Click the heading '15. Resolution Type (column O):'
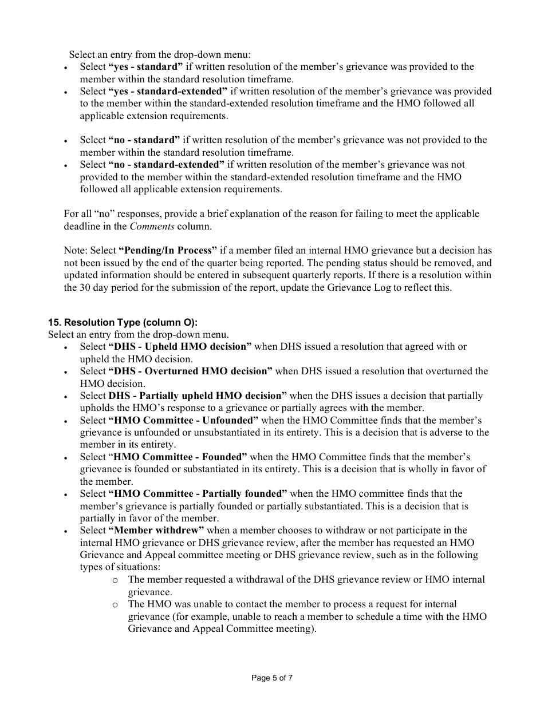click(123, 323)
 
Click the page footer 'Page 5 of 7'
click(272, 678)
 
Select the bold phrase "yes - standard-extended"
click(168, 91)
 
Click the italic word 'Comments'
click(152, 226)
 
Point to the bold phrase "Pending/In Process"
click(168, 251)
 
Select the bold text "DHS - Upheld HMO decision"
click(180, 347)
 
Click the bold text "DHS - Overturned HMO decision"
click(190, 371)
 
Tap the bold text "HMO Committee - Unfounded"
click(183, 420)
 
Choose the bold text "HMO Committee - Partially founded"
click(198, 493)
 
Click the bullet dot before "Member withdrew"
click(66, 531)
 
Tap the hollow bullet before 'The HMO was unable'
click(115, 604)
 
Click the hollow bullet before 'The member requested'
click(115, 580)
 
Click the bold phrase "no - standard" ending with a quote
click(144, 140)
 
